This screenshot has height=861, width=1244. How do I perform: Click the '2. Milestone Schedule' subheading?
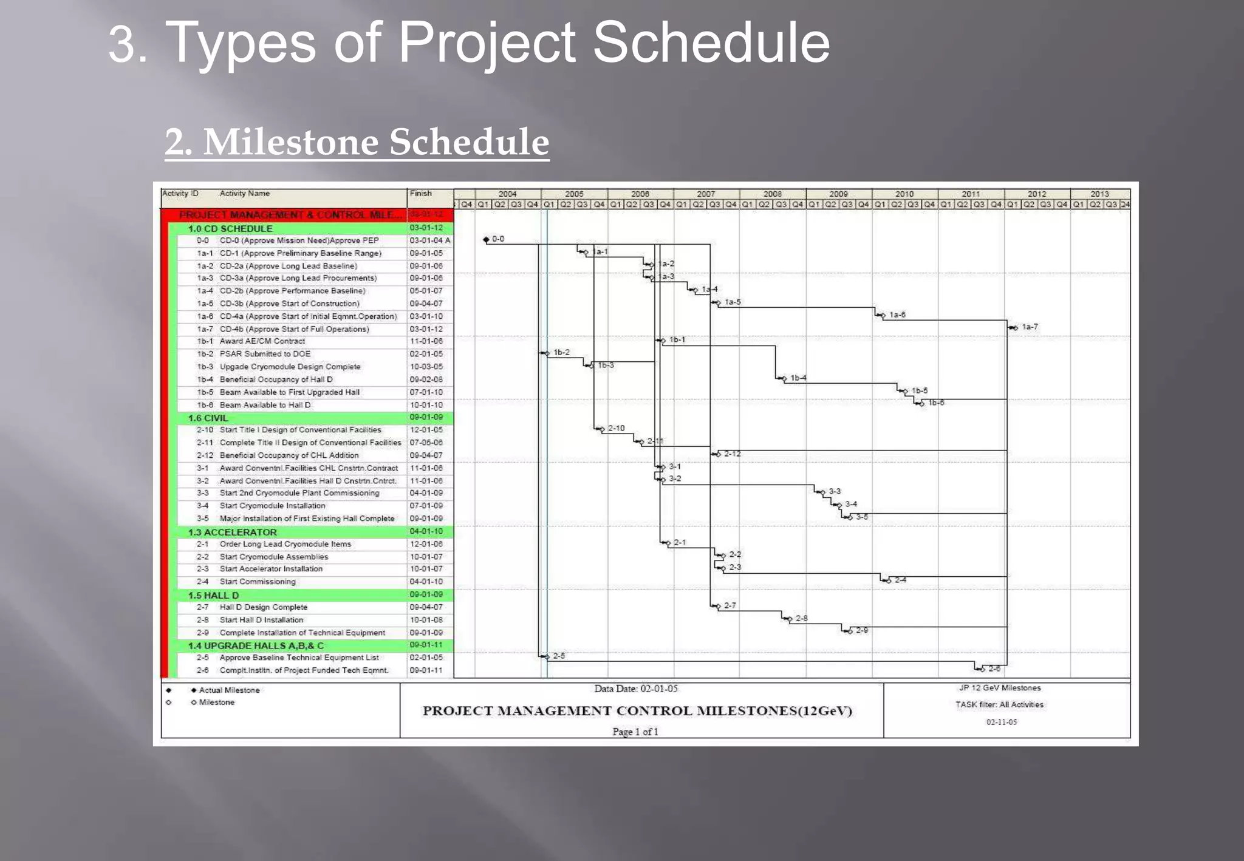click(x=357, y=142)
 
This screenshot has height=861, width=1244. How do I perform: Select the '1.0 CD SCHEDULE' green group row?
click(x=230, y=229)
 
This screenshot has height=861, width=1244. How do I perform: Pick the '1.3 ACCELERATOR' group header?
click(x=232, y=532)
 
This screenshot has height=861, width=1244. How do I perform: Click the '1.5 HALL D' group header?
click(x=213, y=595)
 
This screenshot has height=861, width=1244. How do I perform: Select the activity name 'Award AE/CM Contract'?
click(x=262, y=341)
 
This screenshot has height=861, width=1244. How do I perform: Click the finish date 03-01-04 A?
click(x=429, y=240)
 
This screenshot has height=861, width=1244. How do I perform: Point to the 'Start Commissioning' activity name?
click(x=257, y=582)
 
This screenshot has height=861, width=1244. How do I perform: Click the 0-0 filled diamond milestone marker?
click(x=486, y=240)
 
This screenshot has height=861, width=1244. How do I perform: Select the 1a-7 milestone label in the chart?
click(x=1030, y=327)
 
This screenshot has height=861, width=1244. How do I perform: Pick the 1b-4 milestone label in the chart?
click(x=798, y=378)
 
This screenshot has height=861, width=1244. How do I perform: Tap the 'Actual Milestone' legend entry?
click(x=228, y=690)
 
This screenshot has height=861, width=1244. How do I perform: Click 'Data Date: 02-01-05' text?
click(x=635, y=689)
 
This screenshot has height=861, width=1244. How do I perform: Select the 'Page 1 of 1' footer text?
click(x=635, y=732)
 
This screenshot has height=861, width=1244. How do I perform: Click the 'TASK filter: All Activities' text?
click(x=999, y=705)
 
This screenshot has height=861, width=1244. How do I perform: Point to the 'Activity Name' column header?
click(x=244, y=194)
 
